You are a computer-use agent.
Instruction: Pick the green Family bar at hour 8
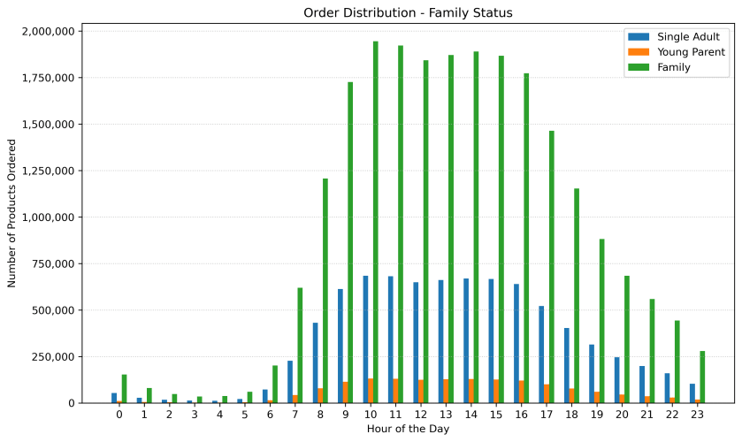[x=325, y=291]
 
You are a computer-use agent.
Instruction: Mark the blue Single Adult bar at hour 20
[x=617, y=380]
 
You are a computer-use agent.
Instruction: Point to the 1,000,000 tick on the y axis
[x=53, y=217]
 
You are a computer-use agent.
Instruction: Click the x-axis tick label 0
[x=119, y=415]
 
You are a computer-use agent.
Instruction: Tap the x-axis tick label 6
[x=270, y=415]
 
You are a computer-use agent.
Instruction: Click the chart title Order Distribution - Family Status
[x=408, y=12]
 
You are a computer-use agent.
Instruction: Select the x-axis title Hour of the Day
[x=408, y=430]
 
